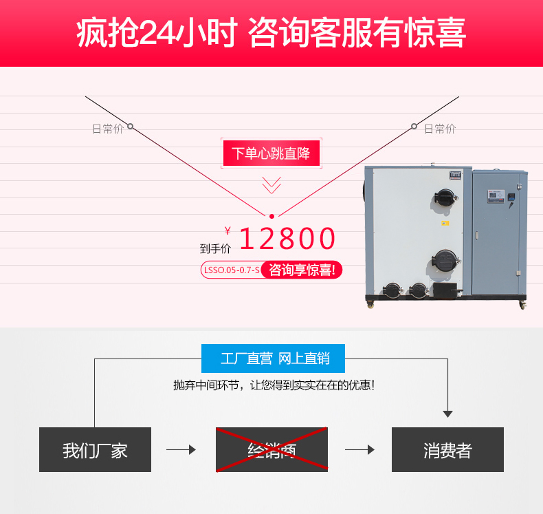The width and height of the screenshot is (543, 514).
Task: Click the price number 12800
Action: (287, 239)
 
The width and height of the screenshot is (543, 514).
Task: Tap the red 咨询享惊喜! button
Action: (302, 270)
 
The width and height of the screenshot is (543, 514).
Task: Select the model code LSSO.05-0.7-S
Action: (231, 270)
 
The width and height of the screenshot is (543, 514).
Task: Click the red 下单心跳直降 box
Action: (271, 153)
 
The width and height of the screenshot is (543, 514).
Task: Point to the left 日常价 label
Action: (107, 129)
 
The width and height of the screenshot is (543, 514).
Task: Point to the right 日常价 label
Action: (440, 129)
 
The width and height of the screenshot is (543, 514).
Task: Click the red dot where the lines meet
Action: (271, 215)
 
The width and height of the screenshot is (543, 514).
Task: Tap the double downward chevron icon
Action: (271, 184)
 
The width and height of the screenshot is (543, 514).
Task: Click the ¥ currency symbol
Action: (228, 231)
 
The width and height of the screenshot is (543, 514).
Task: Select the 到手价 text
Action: (215, 248)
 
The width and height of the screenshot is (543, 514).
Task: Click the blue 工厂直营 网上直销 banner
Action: (273, 358)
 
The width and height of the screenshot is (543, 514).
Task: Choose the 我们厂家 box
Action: (95, 450)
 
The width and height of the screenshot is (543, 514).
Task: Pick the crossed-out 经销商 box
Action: (271, 450)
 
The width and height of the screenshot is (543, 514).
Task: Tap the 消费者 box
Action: (447, 450)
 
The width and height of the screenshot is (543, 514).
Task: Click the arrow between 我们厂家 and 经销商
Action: (181, 450)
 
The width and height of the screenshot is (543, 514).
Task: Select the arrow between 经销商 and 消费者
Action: (359, 450)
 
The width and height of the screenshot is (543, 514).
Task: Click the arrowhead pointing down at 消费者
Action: (447, 414)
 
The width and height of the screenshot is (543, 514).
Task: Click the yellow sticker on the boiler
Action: (445, 223)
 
